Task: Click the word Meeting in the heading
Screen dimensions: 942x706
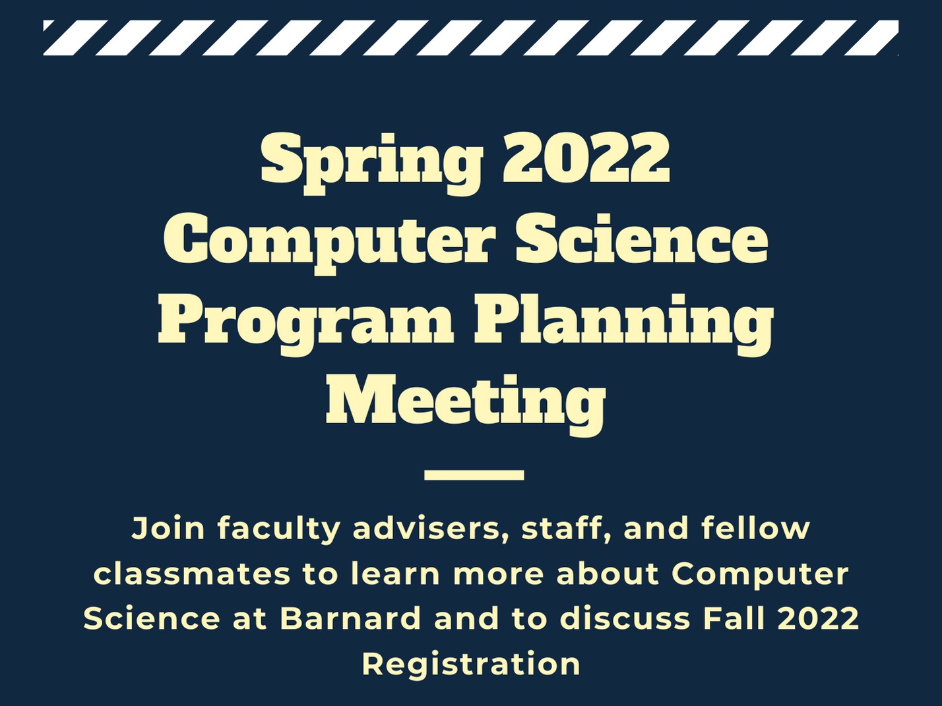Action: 466,405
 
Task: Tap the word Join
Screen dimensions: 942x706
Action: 168,529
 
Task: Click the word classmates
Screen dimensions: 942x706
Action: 192,574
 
